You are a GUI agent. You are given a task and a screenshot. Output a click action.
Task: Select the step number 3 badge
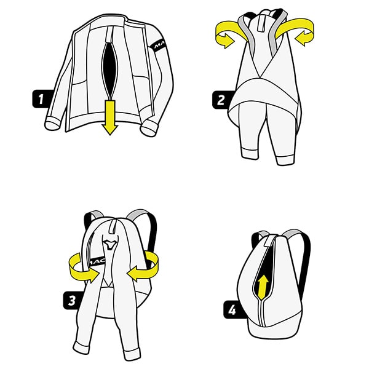pos(71,300)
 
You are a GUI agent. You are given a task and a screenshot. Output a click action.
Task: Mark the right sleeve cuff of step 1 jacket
pos(149,129)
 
